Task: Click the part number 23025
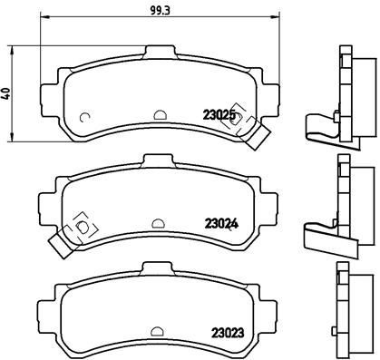[x=219, y=115]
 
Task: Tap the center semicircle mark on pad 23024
[x=158, y=221]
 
